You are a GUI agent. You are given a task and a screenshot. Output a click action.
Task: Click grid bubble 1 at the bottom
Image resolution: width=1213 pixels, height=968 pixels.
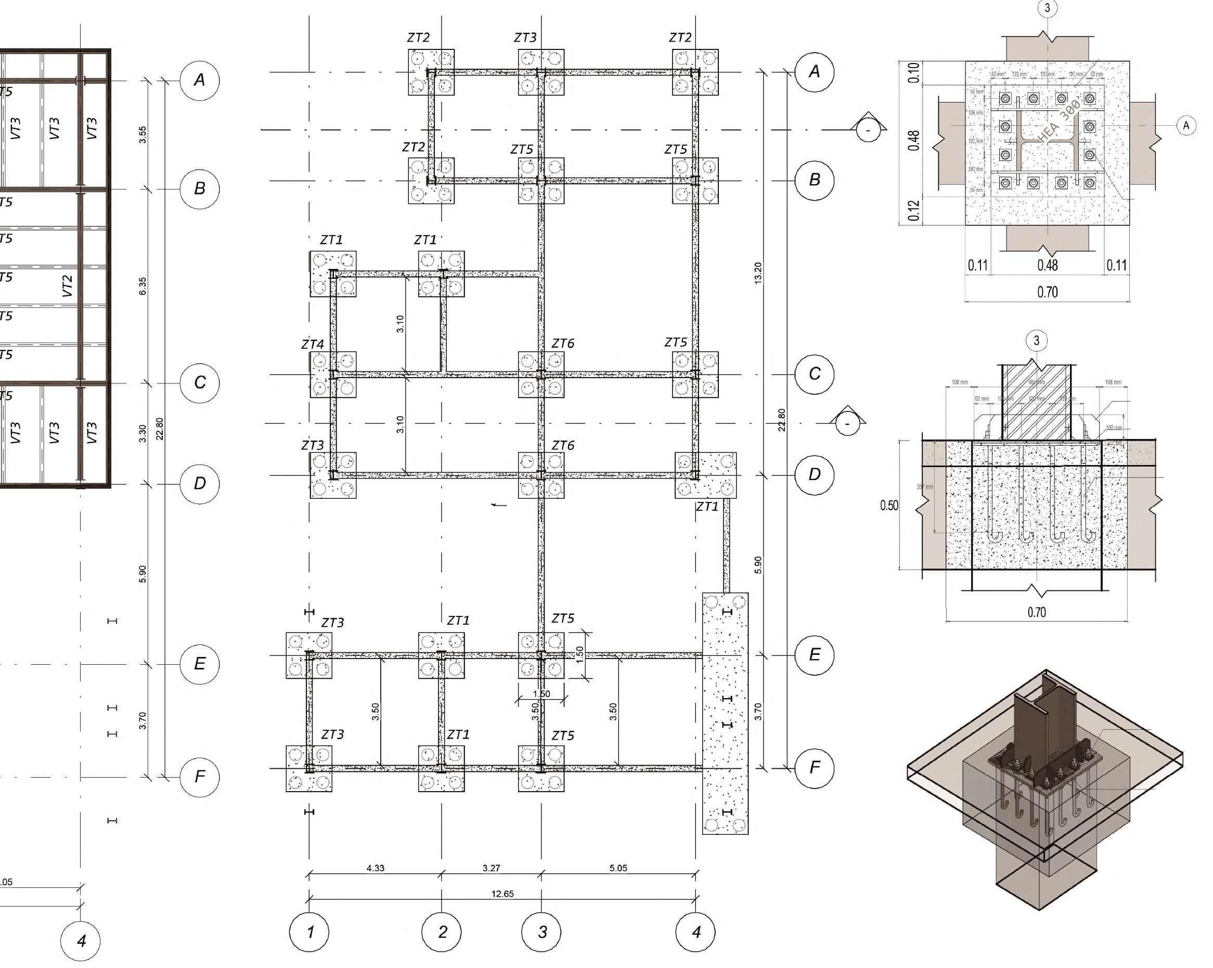coord(309,932)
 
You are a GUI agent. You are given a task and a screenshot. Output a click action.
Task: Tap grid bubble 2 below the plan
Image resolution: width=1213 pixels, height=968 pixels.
coord(442,932)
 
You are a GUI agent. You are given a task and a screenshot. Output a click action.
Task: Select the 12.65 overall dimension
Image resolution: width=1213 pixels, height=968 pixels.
coord(502,894)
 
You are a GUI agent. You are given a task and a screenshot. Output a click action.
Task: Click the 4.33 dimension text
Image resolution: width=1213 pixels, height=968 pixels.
coord(375,868)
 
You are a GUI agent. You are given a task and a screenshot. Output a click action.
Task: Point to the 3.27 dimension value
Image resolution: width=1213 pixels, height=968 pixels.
coord(491,868)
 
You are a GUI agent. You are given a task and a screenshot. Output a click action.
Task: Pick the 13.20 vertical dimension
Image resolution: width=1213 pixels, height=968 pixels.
coord(758,274)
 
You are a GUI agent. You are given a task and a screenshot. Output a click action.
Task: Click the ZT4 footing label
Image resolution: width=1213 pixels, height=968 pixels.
coord(313,344)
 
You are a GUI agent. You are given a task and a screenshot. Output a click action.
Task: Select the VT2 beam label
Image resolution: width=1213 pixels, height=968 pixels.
coord(68,286)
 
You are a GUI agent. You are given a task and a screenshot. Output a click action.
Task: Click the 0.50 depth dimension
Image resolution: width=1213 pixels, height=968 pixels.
coord(889,505)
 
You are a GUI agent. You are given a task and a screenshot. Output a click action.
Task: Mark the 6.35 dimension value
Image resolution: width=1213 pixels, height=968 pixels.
coord(143,286)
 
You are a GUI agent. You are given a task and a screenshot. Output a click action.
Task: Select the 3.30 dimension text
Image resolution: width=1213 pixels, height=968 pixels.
coord(143,433)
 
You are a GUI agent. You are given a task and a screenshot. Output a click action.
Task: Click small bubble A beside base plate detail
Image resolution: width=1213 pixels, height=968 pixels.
coord(1186,125)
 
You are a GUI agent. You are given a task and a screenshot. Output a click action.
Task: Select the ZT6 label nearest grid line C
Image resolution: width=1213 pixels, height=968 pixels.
coord(563,343)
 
